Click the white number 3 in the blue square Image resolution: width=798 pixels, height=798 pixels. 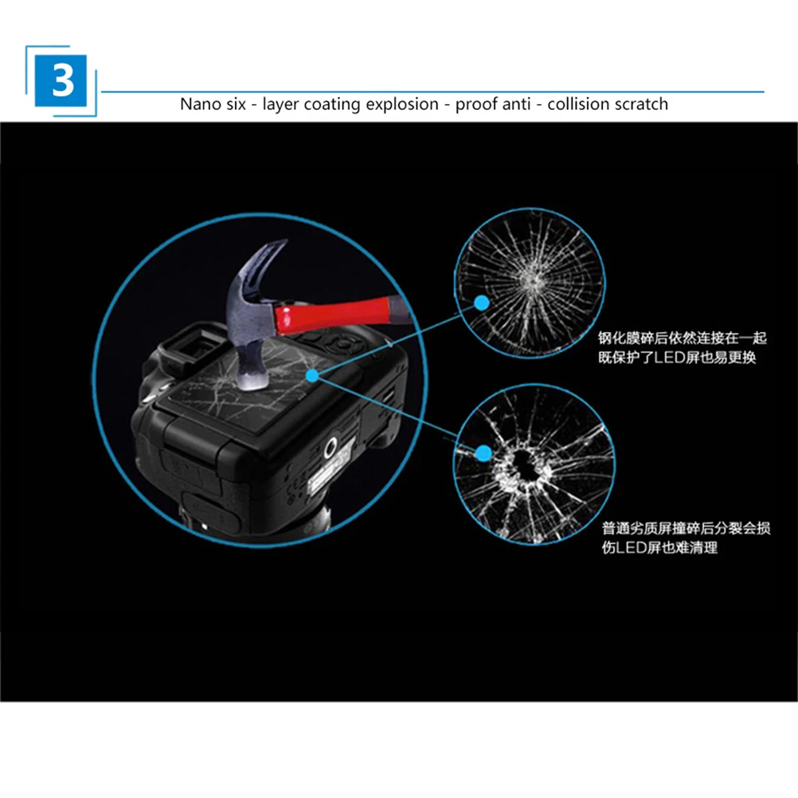63,80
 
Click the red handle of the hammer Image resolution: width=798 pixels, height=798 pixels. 334,314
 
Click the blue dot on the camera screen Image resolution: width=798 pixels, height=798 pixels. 315,374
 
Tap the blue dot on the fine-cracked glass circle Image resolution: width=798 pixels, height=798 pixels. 482,303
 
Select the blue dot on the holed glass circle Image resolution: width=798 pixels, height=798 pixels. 483,453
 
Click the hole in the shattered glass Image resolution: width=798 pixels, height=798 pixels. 522,462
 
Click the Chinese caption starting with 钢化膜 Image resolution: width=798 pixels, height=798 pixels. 682,348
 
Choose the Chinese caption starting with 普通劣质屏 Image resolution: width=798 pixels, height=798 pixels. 686,538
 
